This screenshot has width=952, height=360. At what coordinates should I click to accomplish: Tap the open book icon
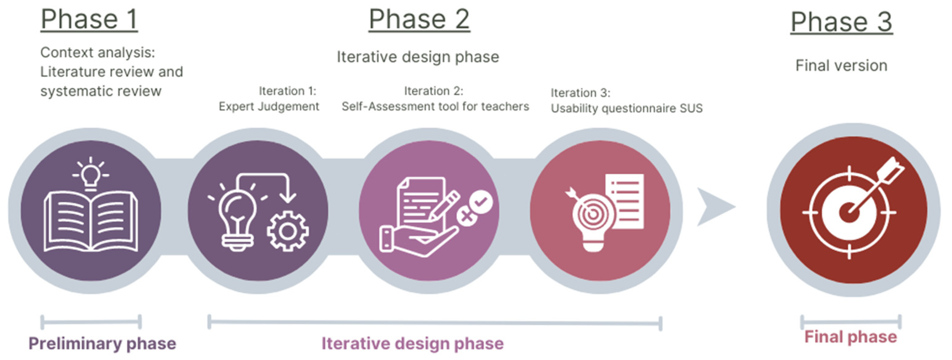(91, 222)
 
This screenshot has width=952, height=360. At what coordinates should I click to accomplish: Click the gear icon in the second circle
(287, 231)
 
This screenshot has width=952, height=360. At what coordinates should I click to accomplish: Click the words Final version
(841, 66)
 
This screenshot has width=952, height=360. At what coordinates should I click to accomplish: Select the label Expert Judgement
(269, 106)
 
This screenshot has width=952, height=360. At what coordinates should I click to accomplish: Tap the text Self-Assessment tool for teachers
(435, 106)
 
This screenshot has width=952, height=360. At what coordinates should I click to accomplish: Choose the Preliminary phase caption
(102, 343)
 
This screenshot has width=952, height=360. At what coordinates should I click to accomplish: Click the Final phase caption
(851, 337)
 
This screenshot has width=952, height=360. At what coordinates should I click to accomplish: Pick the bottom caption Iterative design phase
(413, 343)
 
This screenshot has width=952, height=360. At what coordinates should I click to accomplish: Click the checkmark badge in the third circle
(481, 201)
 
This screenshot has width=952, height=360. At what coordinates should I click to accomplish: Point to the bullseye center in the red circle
(849, 213)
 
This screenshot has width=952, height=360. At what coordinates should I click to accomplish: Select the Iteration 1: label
(287, 91)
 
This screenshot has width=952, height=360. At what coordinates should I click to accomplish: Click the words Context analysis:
(98, 52)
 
